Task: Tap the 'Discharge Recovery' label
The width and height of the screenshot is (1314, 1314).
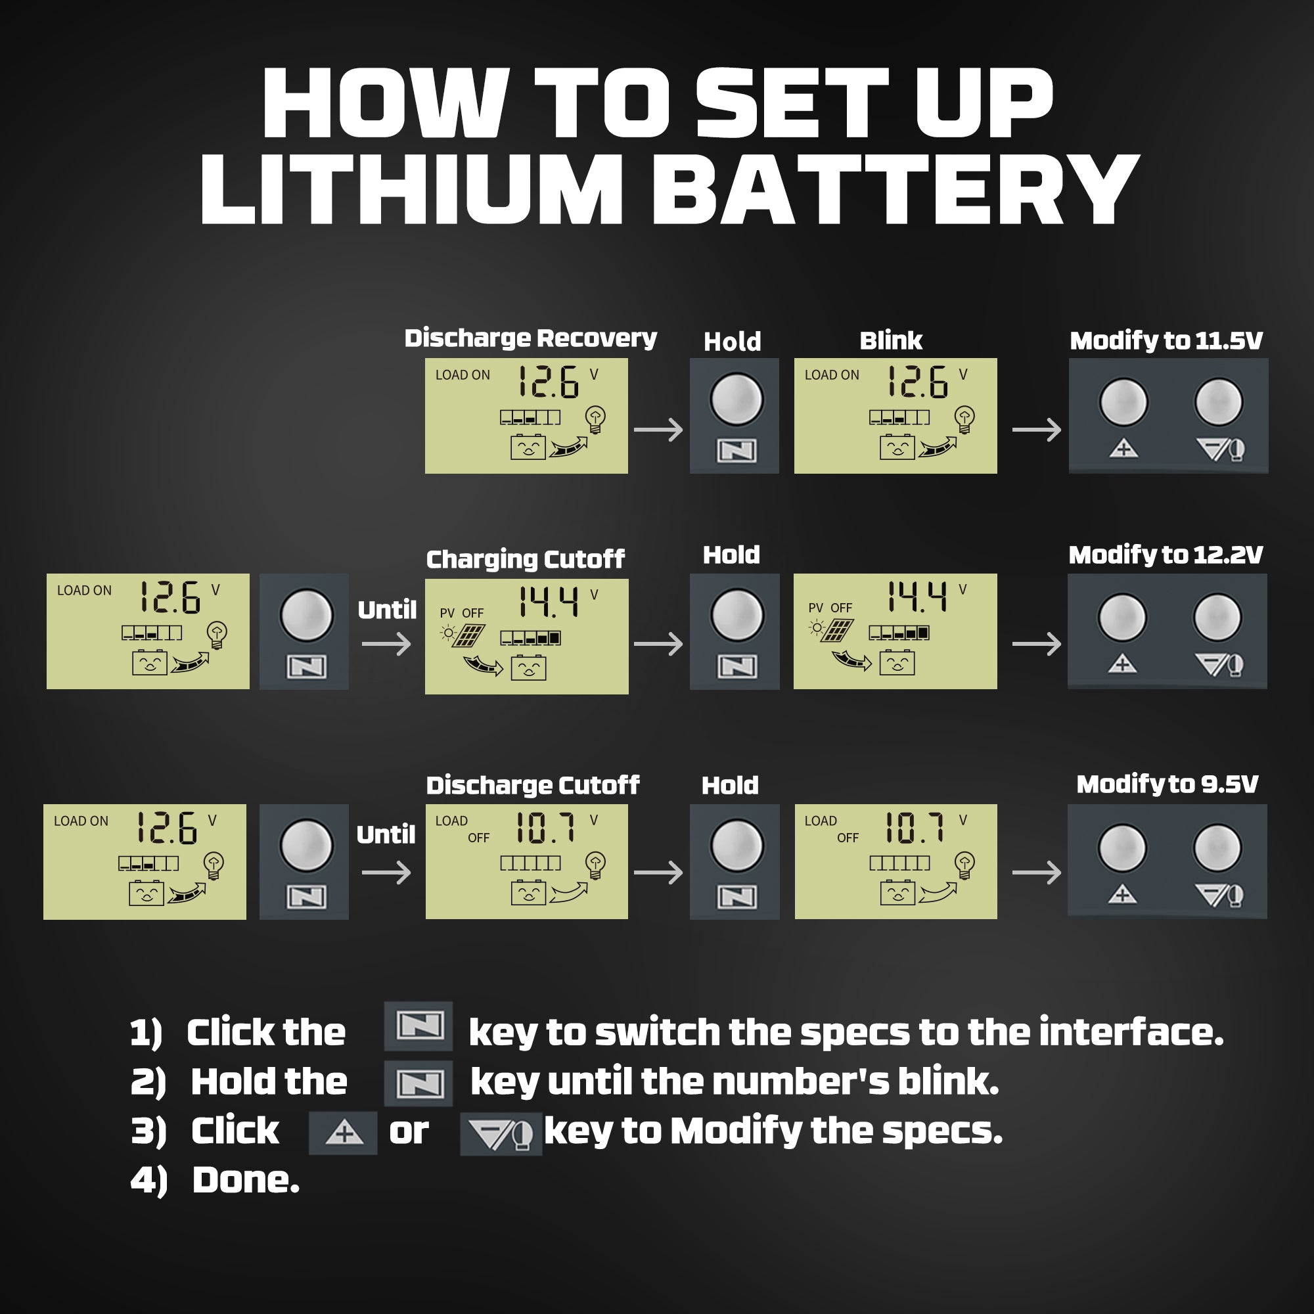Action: [x=530, y=338]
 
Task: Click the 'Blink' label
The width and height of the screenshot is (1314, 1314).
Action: [x=890, y=340]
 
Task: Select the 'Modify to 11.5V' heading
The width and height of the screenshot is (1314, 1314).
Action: [x=1166, y=340]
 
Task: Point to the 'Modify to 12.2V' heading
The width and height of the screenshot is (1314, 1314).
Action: [x=1165, y=555]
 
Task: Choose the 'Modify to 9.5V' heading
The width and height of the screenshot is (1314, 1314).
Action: [x=1167, y=784]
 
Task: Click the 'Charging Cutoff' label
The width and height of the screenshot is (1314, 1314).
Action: [x=525, y=559]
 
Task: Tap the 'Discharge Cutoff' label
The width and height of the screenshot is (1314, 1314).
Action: [x=533, y=785]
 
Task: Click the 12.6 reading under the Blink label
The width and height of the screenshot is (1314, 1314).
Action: [x=917, y=382]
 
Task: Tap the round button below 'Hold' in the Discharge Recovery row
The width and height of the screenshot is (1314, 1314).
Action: [x=736, y=399]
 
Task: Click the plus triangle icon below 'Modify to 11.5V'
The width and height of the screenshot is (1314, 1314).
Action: [x=1123, y=449]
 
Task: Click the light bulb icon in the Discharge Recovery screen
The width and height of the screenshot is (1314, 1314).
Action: [x=596, y=420]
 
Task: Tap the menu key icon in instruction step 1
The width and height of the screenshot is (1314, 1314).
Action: [x=419, y=1025]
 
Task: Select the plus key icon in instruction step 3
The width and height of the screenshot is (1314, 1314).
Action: [x=344, y=1133]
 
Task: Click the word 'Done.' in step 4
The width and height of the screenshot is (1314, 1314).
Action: [x=246, y=1180]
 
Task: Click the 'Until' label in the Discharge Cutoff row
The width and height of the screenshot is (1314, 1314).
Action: [x=386, y=834]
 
